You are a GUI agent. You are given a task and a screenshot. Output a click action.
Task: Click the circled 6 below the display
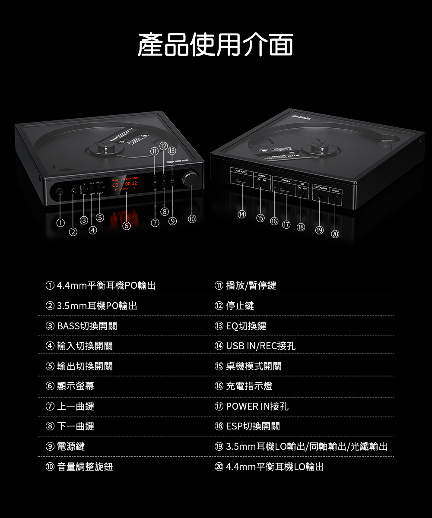[x=126, y=225]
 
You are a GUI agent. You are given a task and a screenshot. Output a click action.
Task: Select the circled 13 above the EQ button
[x=172, y=151]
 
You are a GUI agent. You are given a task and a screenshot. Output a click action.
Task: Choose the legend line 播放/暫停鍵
[x=251, y=285]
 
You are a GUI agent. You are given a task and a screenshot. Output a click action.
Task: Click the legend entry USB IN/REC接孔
[x=261, y=346]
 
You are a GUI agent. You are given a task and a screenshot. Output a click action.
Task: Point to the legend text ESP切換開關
[x=253, y=426]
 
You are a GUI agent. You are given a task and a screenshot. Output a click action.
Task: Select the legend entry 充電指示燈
[x=249, y=386]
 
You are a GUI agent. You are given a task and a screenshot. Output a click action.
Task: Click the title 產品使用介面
[x=216, y=44]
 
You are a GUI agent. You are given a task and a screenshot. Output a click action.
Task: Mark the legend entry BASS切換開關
[x=86, y=326]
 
